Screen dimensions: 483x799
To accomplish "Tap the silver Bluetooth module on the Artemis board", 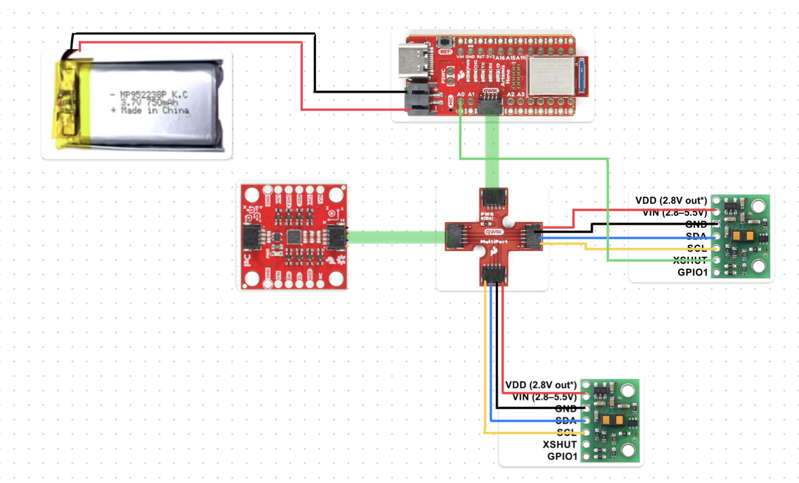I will click(552, 76).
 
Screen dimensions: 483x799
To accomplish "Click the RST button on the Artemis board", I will click(444, 43).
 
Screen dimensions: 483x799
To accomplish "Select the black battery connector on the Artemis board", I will click(419, 99).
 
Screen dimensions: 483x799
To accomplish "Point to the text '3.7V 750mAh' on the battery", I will click(149, 103).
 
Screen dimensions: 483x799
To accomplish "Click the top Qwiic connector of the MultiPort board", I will click(494, 198).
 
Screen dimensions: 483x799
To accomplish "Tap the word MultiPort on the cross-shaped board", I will click(494, 242).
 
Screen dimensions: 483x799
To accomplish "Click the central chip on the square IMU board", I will click(294, 237).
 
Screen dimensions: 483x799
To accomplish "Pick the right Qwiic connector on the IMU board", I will click(336, 237).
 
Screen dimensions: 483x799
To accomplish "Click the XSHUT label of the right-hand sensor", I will click(690, 260).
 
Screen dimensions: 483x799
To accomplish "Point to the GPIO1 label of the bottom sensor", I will click(562, 457).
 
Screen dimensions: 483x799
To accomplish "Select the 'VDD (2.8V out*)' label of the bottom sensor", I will click(541, 385).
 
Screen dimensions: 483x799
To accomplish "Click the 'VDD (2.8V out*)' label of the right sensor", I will click(671, 201).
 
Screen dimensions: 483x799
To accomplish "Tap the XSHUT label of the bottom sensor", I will click(559, 445).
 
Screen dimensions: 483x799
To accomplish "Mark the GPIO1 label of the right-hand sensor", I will click(692, 273).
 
